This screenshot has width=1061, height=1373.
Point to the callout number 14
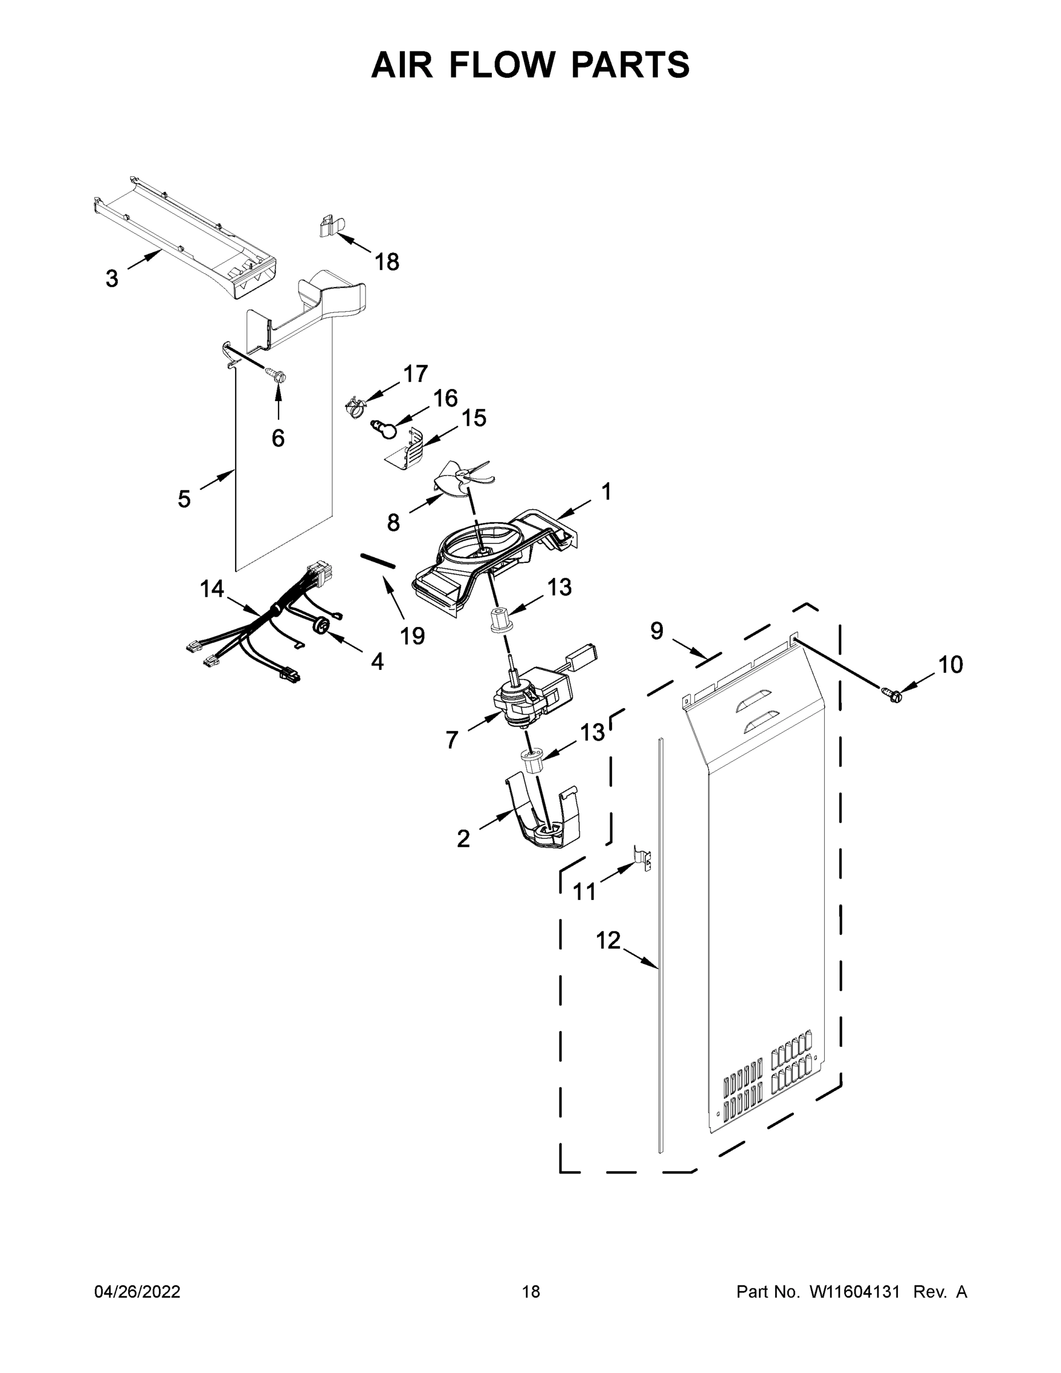(x=212, y=589)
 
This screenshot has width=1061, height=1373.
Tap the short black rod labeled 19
(x=377, y=560)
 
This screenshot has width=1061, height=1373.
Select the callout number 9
(x=656, y=630)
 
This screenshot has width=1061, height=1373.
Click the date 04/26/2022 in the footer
(x=137, y=1292)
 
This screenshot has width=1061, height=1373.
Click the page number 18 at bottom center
(x=531, y=1292)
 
